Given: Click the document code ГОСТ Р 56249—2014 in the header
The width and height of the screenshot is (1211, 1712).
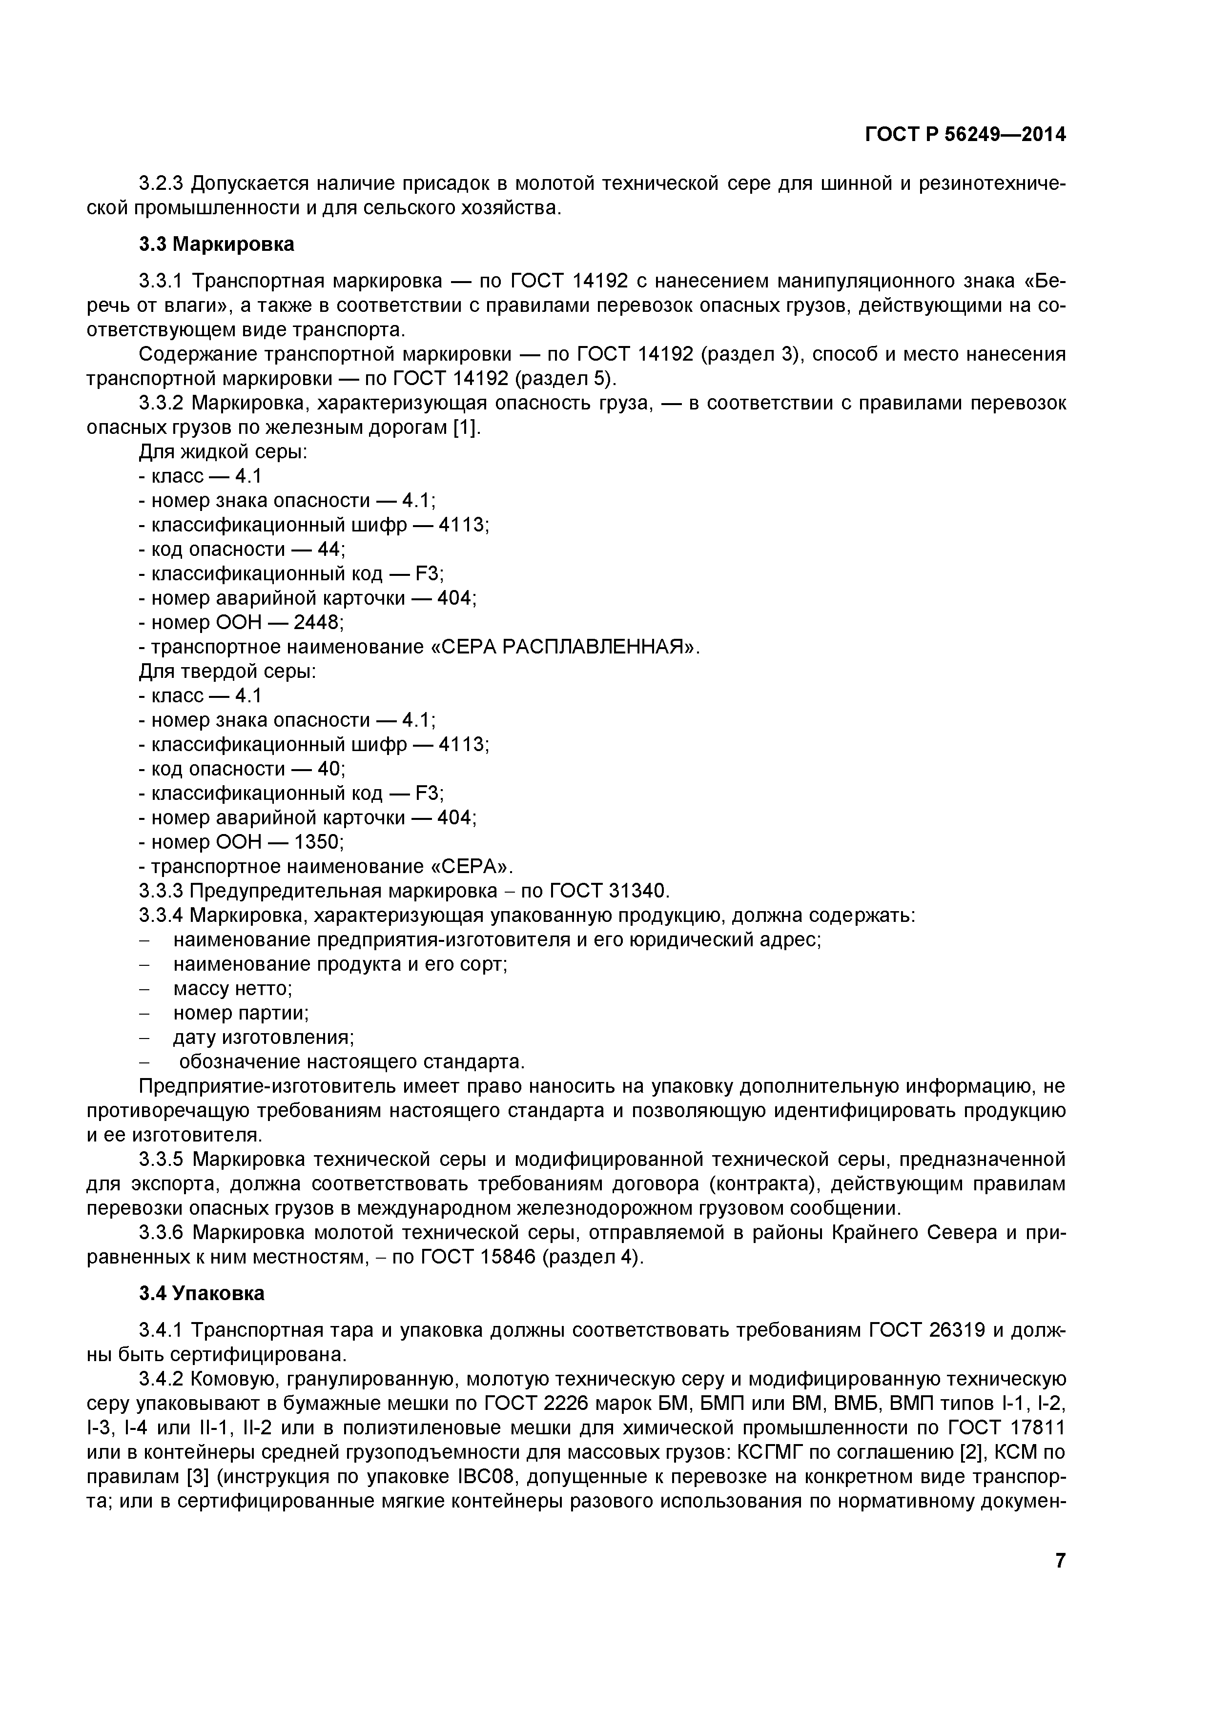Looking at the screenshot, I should coord(965,135).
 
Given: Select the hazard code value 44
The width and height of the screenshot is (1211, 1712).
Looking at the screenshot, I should coord(330,550).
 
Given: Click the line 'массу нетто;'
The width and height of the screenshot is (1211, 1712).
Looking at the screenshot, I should coord(233,989).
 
